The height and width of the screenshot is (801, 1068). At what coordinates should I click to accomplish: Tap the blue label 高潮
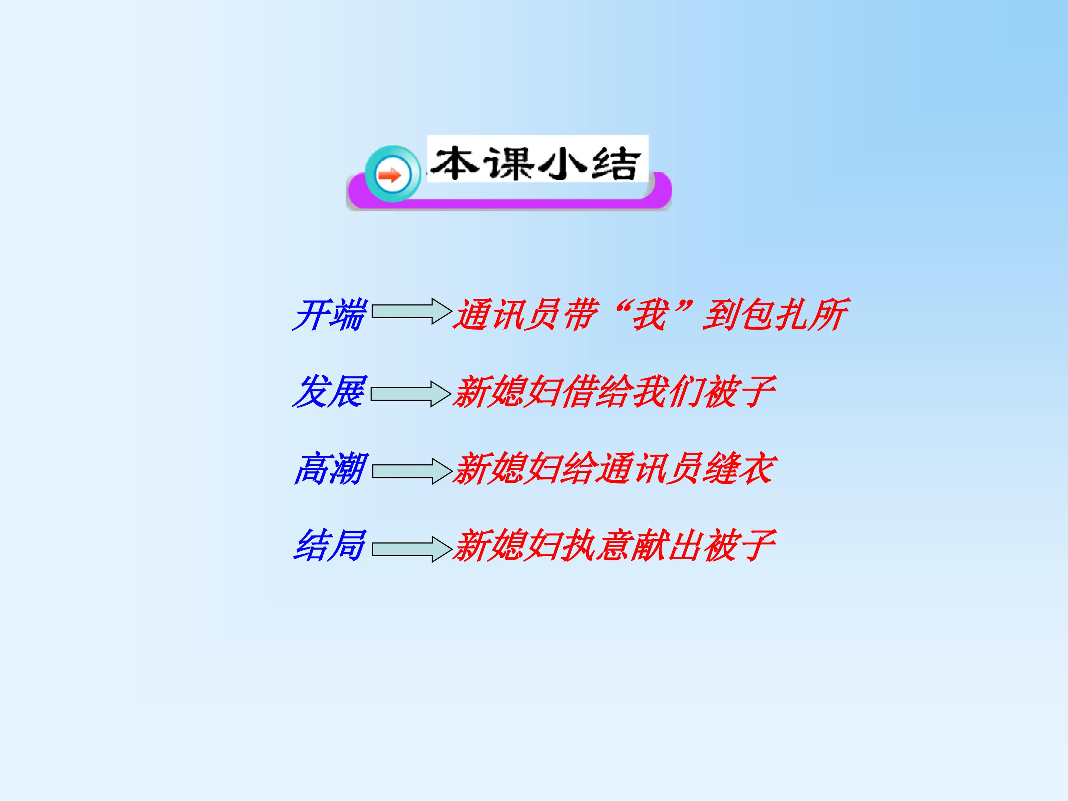point(330,468)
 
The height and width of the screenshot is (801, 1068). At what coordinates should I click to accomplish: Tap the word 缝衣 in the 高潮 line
point(739,468)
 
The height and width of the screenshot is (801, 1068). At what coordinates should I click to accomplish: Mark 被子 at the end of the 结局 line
point(739,545)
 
